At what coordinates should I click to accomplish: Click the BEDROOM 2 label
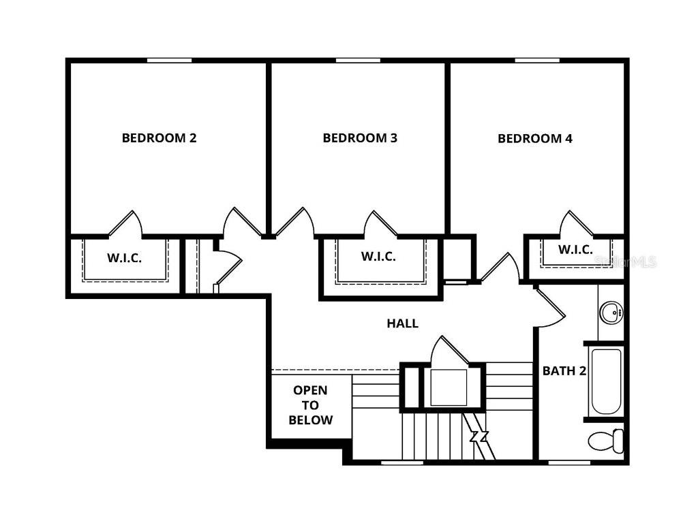(x=159, y=138)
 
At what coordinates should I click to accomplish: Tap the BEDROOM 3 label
(x=360, y=138)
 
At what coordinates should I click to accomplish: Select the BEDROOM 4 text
(x=535, y=139)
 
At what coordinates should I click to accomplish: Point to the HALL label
(x=402, y=324)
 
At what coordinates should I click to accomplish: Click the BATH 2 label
(x=564, y=371)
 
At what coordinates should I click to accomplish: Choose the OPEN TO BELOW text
(x=310, y=405)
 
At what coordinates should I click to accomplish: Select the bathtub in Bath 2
(x=606, y=381)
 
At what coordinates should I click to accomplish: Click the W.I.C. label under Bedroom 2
(x=124, y=258)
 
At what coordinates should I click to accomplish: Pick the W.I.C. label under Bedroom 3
(x=378, y=257)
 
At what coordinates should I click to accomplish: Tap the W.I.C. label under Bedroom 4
(x=575, y=250)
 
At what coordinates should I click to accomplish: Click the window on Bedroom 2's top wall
(x=169, y=61)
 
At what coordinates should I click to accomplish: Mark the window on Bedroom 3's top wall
(x=358, y=61)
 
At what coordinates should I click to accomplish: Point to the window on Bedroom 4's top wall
(x=537, y=61)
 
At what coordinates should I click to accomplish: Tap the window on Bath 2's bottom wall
(x=569, y=462)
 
